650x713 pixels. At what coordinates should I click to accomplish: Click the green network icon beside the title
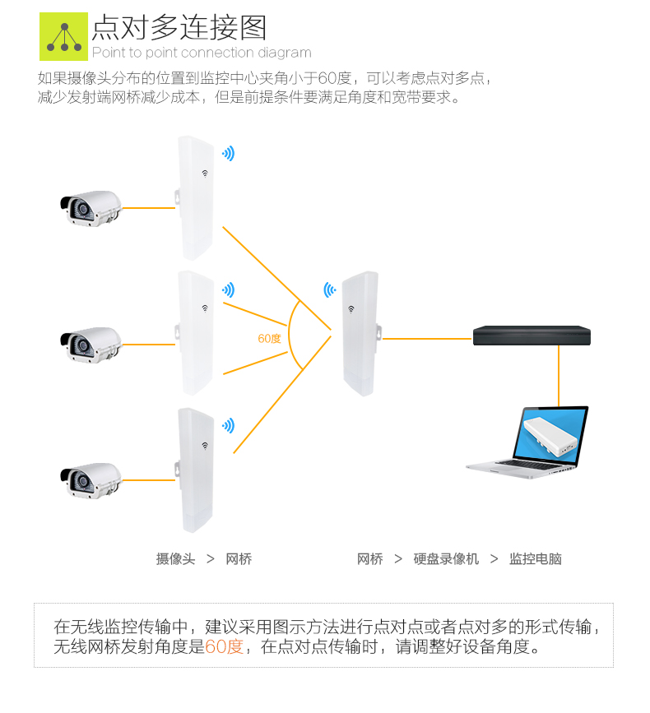pos(63,37)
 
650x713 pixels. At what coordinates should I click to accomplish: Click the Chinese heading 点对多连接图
pos(179,27)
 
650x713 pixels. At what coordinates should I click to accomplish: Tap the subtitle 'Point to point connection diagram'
pos(202,53)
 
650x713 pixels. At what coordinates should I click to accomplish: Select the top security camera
pos(90,208)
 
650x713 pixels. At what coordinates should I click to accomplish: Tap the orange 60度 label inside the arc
pos(269,339)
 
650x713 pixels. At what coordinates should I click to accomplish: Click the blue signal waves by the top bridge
pos(228,154)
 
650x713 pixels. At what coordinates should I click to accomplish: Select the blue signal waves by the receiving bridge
pos(329,289)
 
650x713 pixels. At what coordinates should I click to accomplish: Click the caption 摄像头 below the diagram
pos(175,559)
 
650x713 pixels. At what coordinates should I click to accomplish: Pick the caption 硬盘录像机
pos(446,559)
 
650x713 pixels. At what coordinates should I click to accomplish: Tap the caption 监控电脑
pos(535,559)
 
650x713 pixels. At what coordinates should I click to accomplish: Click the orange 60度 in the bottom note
pos(224,646)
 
